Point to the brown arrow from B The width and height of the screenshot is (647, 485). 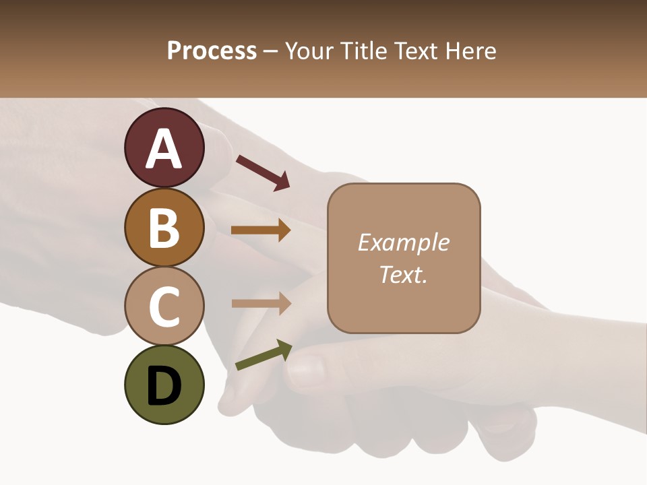tap(261, 230)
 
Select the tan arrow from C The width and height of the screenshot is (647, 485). tap(261, 303)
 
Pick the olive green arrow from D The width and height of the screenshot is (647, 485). tap(264, 355)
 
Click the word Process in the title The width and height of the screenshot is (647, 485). tap(212, 51)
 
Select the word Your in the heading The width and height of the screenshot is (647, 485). tap(310, 51)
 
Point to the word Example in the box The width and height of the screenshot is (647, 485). tap(404, 243)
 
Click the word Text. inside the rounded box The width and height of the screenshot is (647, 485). tap(404, 274)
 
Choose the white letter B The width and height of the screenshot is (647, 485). tap(164, 228)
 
